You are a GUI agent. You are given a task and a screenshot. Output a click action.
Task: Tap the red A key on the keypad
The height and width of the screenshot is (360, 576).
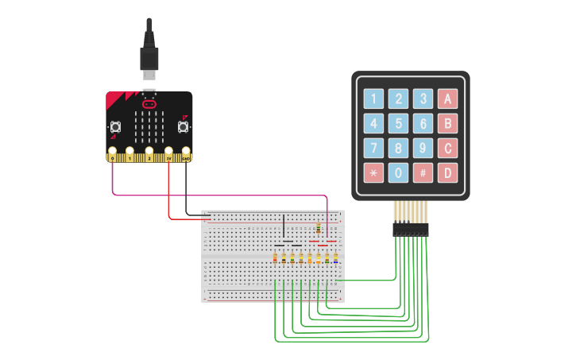pyautogui.click(x=449, y=99)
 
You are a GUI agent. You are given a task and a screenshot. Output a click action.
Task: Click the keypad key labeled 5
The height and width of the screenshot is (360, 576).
pyautogui.click(x=398, y=124)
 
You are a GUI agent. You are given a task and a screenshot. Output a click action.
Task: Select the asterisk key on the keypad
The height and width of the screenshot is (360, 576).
pyautogui.click(x=373, y=172)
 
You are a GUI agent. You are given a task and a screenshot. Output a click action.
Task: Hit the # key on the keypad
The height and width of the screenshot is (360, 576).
pyautogui.click(x=423, y=172)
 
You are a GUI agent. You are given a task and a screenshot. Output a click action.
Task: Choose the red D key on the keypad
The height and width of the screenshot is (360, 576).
pyautogui.click(x=449, y=172)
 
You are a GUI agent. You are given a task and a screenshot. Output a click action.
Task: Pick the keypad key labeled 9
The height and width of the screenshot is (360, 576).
pyautogui.click(x=423, y=149)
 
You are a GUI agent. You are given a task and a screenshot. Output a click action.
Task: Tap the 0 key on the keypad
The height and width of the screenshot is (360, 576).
pyautogui.click(x=398, y=172)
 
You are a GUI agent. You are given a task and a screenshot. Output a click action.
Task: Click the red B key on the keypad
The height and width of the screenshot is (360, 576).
pyautogui.click(x=449, y=124)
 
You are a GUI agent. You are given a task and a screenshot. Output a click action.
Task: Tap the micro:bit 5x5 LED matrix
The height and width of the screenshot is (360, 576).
pyautogui.click(x=149, y=124)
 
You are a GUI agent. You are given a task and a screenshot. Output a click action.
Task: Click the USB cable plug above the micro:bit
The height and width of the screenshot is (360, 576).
pyautogui.click(x=149, y=60)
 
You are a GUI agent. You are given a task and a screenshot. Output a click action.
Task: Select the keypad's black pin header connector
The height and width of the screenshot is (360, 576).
pyautogui.click(x=410, y=229)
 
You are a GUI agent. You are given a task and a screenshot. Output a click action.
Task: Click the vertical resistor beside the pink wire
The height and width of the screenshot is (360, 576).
pyautogui.click(x=319, y=229)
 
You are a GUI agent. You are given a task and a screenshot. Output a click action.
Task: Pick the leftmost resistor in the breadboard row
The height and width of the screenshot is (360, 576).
pyautogui.click(x=275, y=257)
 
